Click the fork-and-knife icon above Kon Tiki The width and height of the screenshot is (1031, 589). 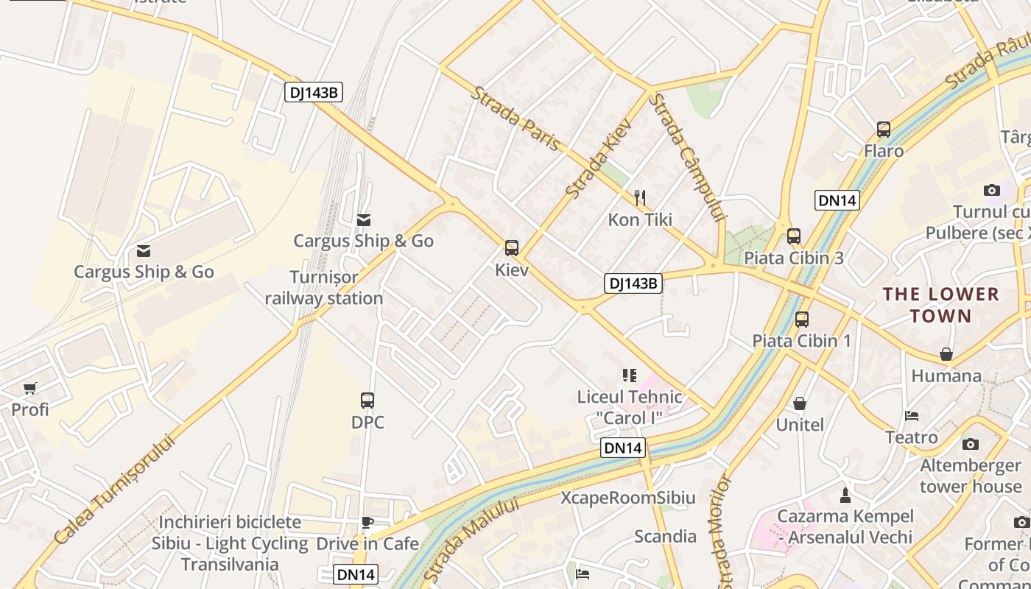tap(640, 197)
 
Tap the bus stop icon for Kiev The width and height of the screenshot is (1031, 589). tap(512, 248)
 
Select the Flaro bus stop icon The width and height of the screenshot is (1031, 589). tap(884, 130)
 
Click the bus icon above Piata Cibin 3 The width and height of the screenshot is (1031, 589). tap(794, 236)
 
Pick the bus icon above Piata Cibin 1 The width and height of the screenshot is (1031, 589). tap(802, 320)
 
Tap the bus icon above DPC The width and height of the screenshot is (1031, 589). tap(367, 401)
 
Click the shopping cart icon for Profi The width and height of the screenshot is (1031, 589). tap(30, 388)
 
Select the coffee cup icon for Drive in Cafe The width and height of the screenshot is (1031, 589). tap(367, 523)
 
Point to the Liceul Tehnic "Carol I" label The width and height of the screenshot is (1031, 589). tap(630, 407)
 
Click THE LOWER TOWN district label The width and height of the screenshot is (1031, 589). tap(940, 305)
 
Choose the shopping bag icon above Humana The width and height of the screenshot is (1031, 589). tap(946, 354)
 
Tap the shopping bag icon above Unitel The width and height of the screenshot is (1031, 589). tap(800, 403)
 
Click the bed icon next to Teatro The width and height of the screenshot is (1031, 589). tap(912, 416)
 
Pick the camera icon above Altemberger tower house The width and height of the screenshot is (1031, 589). tap(971, 444)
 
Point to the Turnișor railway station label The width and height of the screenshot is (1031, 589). tap(324, 288)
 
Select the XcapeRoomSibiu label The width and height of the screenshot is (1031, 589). tap(628, 498)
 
